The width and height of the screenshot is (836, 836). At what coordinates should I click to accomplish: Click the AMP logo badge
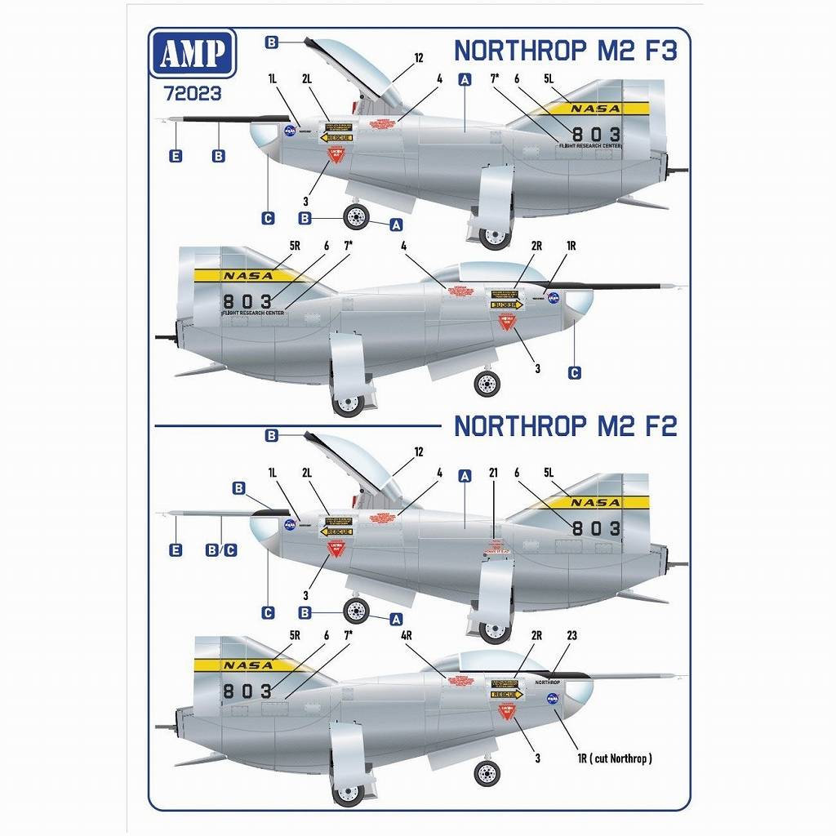tap(193, 54)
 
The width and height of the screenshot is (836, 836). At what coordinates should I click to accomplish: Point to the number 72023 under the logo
tap(193, 93)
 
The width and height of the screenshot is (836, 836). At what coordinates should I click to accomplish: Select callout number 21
tap(493, 472)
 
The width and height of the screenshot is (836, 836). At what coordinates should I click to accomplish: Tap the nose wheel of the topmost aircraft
tap(356, 218)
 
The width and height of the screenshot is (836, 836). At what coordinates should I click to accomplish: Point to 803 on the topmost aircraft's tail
tap(596, 134)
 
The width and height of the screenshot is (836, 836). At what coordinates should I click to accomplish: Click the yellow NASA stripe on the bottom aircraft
tap(245, 665)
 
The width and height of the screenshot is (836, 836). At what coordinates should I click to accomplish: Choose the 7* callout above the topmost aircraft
tap(494, 79)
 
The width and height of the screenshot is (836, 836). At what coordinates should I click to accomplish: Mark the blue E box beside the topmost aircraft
tap(175, 155)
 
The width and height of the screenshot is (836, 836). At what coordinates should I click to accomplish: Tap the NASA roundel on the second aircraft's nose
tap(554, 299)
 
